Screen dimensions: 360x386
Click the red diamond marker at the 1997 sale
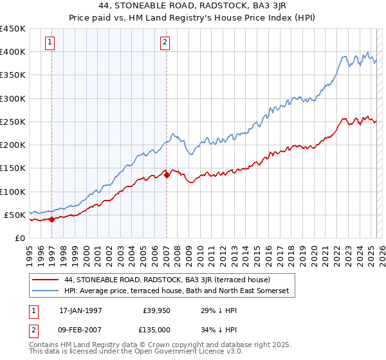(x=51, y=219)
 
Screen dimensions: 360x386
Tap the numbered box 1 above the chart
(x=50, y=43)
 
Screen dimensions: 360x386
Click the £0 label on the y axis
(x=19, y=239)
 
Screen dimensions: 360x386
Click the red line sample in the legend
(x=45, y=280)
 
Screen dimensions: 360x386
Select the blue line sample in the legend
(x=45, y=291)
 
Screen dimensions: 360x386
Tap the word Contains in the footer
(x=44, y=345)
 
